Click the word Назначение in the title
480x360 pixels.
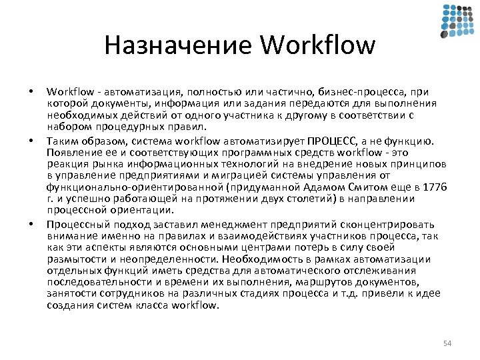(x=177, y=45)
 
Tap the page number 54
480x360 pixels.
(x=447, y=343)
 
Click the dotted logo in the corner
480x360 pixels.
(x=457, y=21)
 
